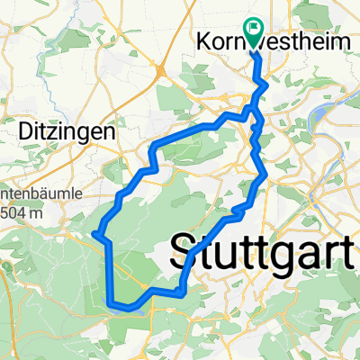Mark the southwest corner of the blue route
[x=111, y=302]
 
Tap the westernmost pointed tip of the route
[x=93, y=233]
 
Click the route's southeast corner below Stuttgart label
[x=183, y=292]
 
